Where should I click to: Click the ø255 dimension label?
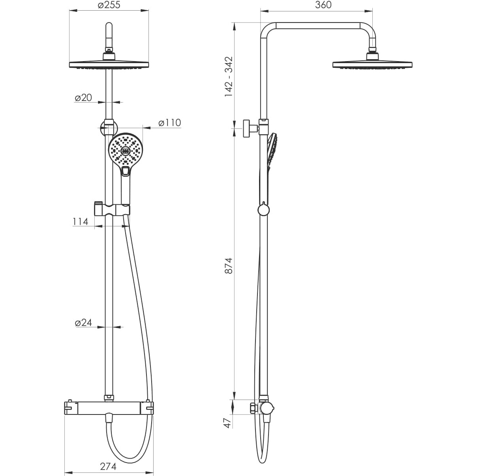tap(109, 5)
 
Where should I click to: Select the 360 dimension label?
tap(323, 5)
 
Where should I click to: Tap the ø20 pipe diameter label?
tap(83, 98)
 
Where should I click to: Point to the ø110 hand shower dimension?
tap(170, 123)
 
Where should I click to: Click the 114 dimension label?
tap(81, 222)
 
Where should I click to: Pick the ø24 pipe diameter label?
tap(83, 323)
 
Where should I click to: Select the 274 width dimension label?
tap(108, 459)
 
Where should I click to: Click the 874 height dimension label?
tap(229, 265)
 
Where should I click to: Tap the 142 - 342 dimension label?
tap(229, 77)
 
